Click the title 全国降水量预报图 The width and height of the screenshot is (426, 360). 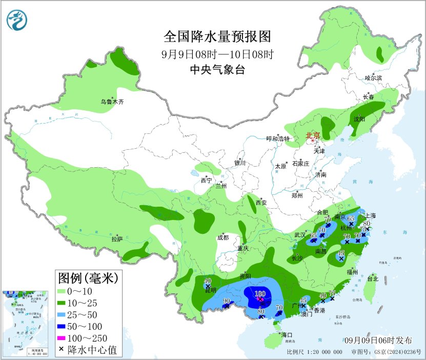coord(216,37)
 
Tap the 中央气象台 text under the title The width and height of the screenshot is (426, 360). coord(216,70)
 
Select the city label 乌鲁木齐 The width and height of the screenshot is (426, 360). coord(112,102)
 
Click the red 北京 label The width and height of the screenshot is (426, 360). coord(313,136)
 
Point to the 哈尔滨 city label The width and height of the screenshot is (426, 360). coord(373,78)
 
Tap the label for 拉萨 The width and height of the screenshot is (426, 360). coord(117,239)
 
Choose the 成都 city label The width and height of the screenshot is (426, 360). coord(223,237)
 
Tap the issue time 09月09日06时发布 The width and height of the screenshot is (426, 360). coord(378,341)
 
